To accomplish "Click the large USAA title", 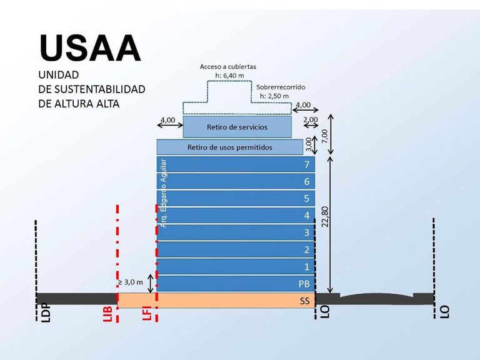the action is coord(90,48).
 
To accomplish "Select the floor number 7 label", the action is coord(307,164).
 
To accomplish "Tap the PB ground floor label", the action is coord(304,284).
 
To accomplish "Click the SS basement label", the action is coord(305,301).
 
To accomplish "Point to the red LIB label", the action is coord(107,312).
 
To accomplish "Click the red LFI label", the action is coord(147,312).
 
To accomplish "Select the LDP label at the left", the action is coord(46,312).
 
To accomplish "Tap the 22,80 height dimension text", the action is coord(325,216).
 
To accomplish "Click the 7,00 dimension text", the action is coord(324,136).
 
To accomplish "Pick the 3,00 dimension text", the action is coord(309,144).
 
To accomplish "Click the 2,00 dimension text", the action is coord(311,119).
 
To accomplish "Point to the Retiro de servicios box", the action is coord(237,127).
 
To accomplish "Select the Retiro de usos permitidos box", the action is coord(230,147).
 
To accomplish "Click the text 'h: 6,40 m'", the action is coord(229,75).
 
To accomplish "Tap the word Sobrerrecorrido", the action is coord(281,87).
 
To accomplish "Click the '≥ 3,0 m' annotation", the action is coord(131,282).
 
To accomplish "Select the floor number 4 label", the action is coord(307,216).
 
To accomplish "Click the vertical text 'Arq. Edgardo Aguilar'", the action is coord(164,193).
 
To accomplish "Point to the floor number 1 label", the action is coord(307,267).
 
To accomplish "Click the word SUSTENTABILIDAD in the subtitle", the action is coord(100,89).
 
